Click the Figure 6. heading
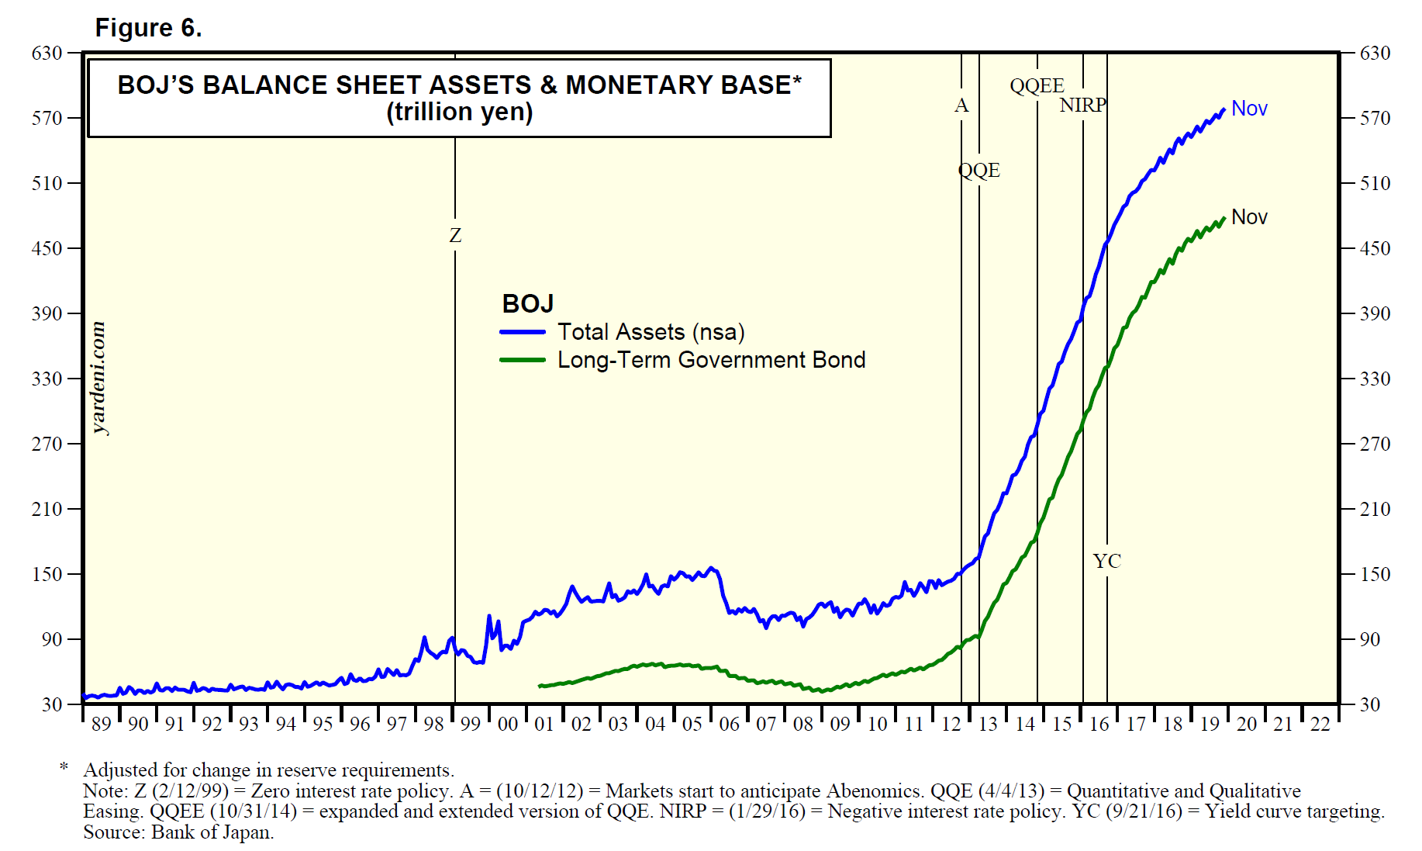pyautogui.click(x=148, y=28)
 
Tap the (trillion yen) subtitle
pyautogui.click(x=459, y=112)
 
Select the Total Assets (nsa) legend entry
pyautogui.click(x=651, y=332)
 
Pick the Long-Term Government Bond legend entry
pyautogui.click(x=711, y=360)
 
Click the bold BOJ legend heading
pyautogui.click(x=527, y=303)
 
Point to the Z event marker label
pyautogui.click(x=455, y=235)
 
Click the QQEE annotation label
pyautogui.click(x=1037, y=85)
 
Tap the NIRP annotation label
pyautogui.click(x=1082, y=106)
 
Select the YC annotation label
pyautogui.click(x=1106, y=561)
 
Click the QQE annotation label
pyautogui.click(x=979, y=171)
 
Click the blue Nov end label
pyautogui.click(x=1249, y=109)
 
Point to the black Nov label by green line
pyautogui.click(x=1249, y=217)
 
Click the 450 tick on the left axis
pyautogui.click(x=47, y=248)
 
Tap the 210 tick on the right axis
pyautogui.click(x=1375, y=509)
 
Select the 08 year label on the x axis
pyautogui.click(x=802, y=725)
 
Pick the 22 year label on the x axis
pyautogui.click(x=1320, y=725)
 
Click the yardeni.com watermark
pyautogui.click(x=98, y=378)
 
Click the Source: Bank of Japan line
pyautogui.click(x=178, y=832)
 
